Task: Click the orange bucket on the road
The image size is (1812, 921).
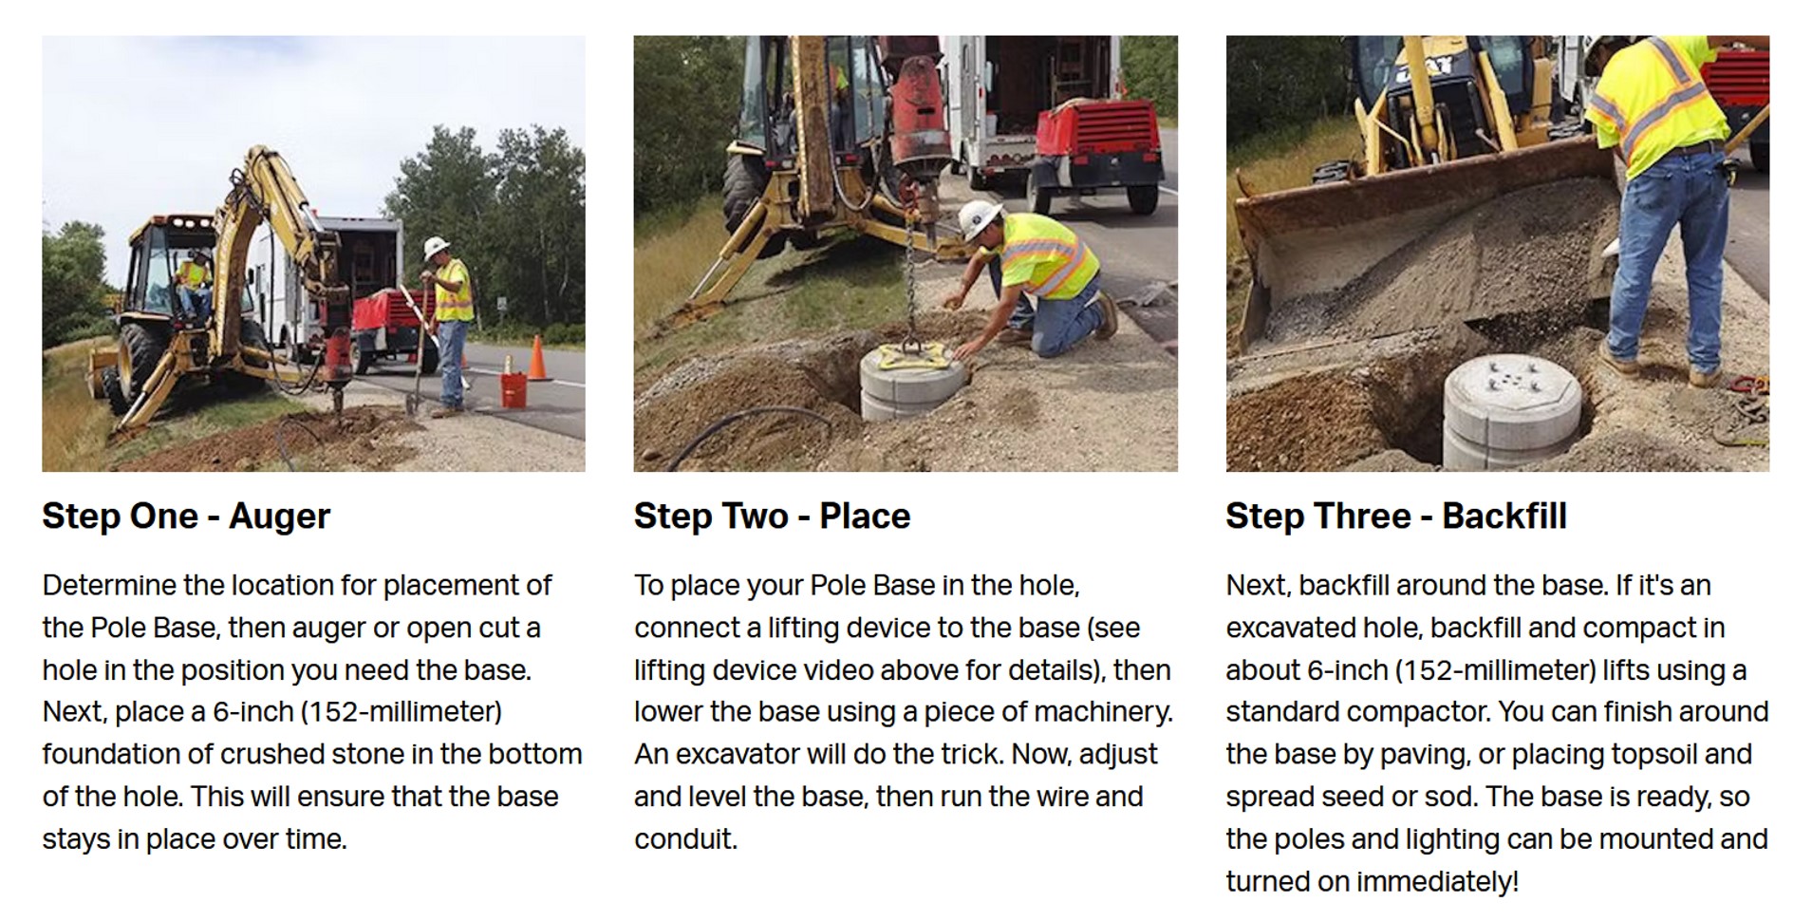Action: (514, 389)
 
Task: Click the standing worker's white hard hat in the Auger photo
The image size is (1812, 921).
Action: (437, 247)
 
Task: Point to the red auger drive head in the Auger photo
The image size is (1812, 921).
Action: (337, 365)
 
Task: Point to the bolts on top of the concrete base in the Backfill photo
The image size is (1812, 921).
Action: (1510, 375)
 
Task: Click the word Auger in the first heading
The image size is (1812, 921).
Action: (279, 517)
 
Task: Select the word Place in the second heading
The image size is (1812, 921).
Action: (865, 517)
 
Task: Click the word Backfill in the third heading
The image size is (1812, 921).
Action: (1504, 517)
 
